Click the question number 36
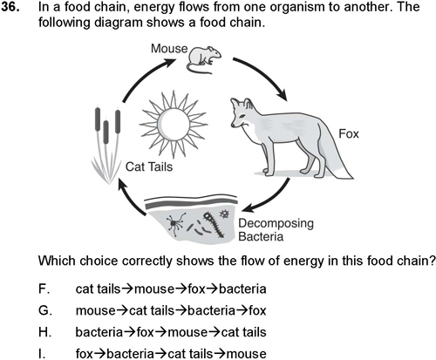tap(10, 7)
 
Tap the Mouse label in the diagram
tap(169, 48)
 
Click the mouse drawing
tap(203, 59)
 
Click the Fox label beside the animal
tap(349, 134)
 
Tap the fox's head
tap(242, 113)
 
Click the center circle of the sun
tap(174, 125)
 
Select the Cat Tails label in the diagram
tap(149, 166)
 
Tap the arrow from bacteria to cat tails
tap(128, 198)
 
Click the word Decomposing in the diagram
tap(276, 223)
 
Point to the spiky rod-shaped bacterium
tap(215, 224)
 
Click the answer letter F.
tap(44, 289)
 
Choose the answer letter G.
tap(45, 310)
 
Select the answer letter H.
tap(44, 332)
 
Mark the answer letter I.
tap(42, 354)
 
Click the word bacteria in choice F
tap(242, 289)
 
